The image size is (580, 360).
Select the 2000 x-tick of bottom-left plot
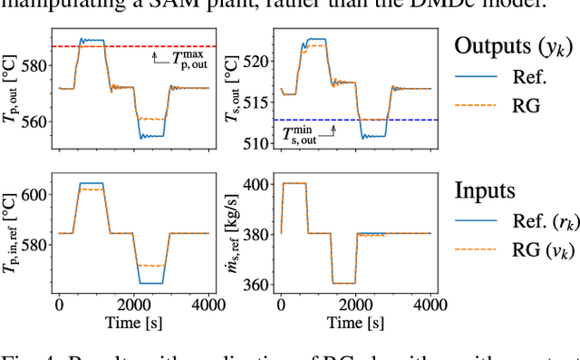133,306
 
